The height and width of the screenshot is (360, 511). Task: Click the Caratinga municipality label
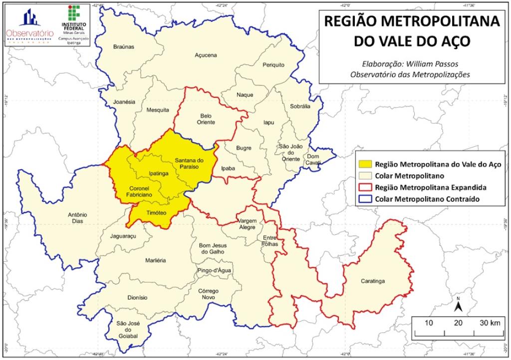point(373,281)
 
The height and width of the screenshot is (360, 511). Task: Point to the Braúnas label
point(123,46)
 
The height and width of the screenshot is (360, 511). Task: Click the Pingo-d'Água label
point(213,270)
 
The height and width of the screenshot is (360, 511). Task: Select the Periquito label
point(273,65)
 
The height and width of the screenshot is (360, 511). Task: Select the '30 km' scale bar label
point(490,323)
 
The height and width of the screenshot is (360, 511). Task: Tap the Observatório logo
point(29,25)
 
